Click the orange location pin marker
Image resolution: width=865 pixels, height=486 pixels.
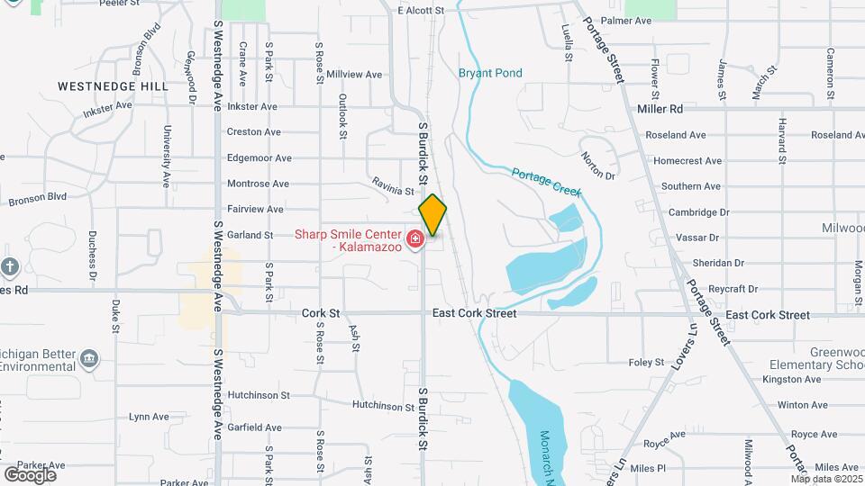[432, 214]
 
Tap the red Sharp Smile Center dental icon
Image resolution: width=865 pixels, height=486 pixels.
[415, 239]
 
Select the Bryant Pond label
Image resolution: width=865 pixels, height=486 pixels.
[490, 74]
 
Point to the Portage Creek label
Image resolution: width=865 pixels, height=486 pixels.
[547, 183]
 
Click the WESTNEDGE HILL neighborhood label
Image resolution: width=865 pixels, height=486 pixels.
[113, 86]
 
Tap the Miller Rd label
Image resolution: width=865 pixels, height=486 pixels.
[660, 109]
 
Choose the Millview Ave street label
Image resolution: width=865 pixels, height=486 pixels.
[354, 75]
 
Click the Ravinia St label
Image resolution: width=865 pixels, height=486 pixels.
[393, 186]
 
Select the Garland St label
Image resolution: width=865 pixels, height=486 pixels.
[250, 235]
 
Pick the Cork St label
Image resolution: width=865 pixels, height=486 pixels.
[321, 314]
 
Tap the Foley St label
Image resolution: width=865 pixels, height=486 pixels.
[646, 363]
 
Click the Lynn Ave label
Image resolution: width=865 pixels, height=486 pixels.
[149, 417]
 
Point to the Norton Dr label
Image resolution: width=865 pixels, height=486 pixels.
[597, 163]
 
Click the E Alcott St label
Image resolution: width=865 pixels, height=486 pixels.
[421, 11]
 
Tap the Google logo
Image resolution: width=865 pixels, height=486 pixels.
[30, 474]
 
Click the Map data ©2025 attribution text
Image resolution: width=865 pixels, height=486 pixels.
[824, 479]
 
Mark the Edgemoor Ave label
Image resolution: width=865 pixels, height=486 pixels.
[259, 157]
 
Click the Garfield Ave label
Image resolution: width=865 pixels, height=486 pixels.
[254, 427]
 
